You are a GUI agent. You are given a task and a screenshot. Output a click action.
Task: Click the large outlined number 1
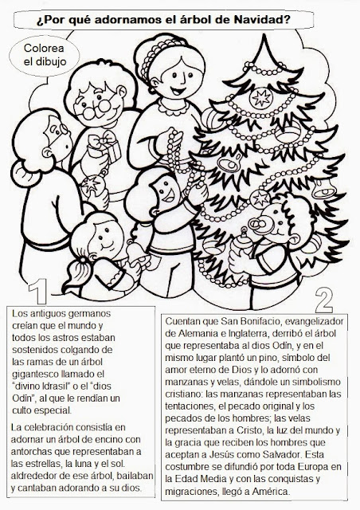point(36,292)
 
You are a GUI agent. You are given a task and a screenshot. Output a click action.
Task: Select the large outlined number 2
point(323,298)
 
